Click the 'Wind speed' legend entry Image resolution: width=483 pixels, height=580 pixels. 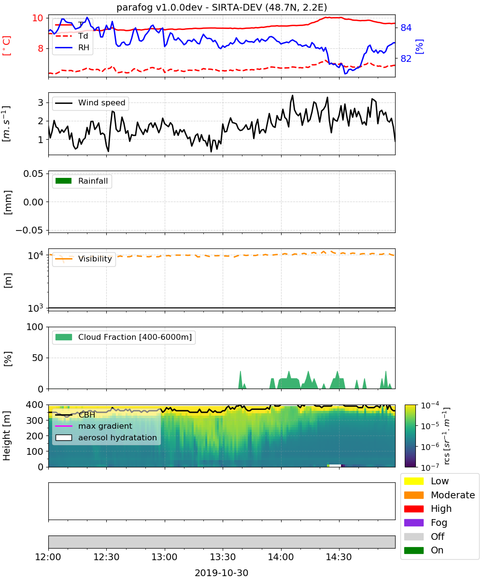point(90,103)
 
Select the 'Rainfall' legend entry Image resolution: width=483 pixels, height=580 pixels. point(82,181)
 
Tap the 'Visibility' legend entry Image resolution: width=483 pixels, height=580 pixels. point(84,259)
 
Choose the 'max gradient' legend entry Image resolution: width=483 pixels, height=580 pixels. point(94,426)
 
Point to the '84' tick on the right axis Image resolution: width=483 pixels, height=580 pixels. point(406,28)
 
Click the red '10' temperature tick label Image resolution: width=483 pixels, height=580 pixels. point(38,18)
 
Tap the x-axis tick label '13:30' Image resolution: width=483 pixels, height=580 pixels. point(223,557)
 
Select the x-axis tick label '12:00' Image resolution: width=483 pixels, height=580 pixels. point(48,557)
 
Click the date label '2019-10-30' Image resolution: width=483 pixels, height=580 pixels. point(222,573)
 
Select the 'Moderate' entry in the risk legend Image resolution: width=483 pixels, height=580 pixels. point(440,495)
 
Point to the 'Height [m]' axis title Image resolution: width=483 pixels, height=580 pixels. point(6,435)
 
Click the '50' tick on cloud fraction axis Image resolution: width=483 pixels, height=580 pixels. point(38,358)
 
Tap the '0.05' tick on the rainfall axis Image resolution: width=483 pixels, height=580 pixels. point(33,174)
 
